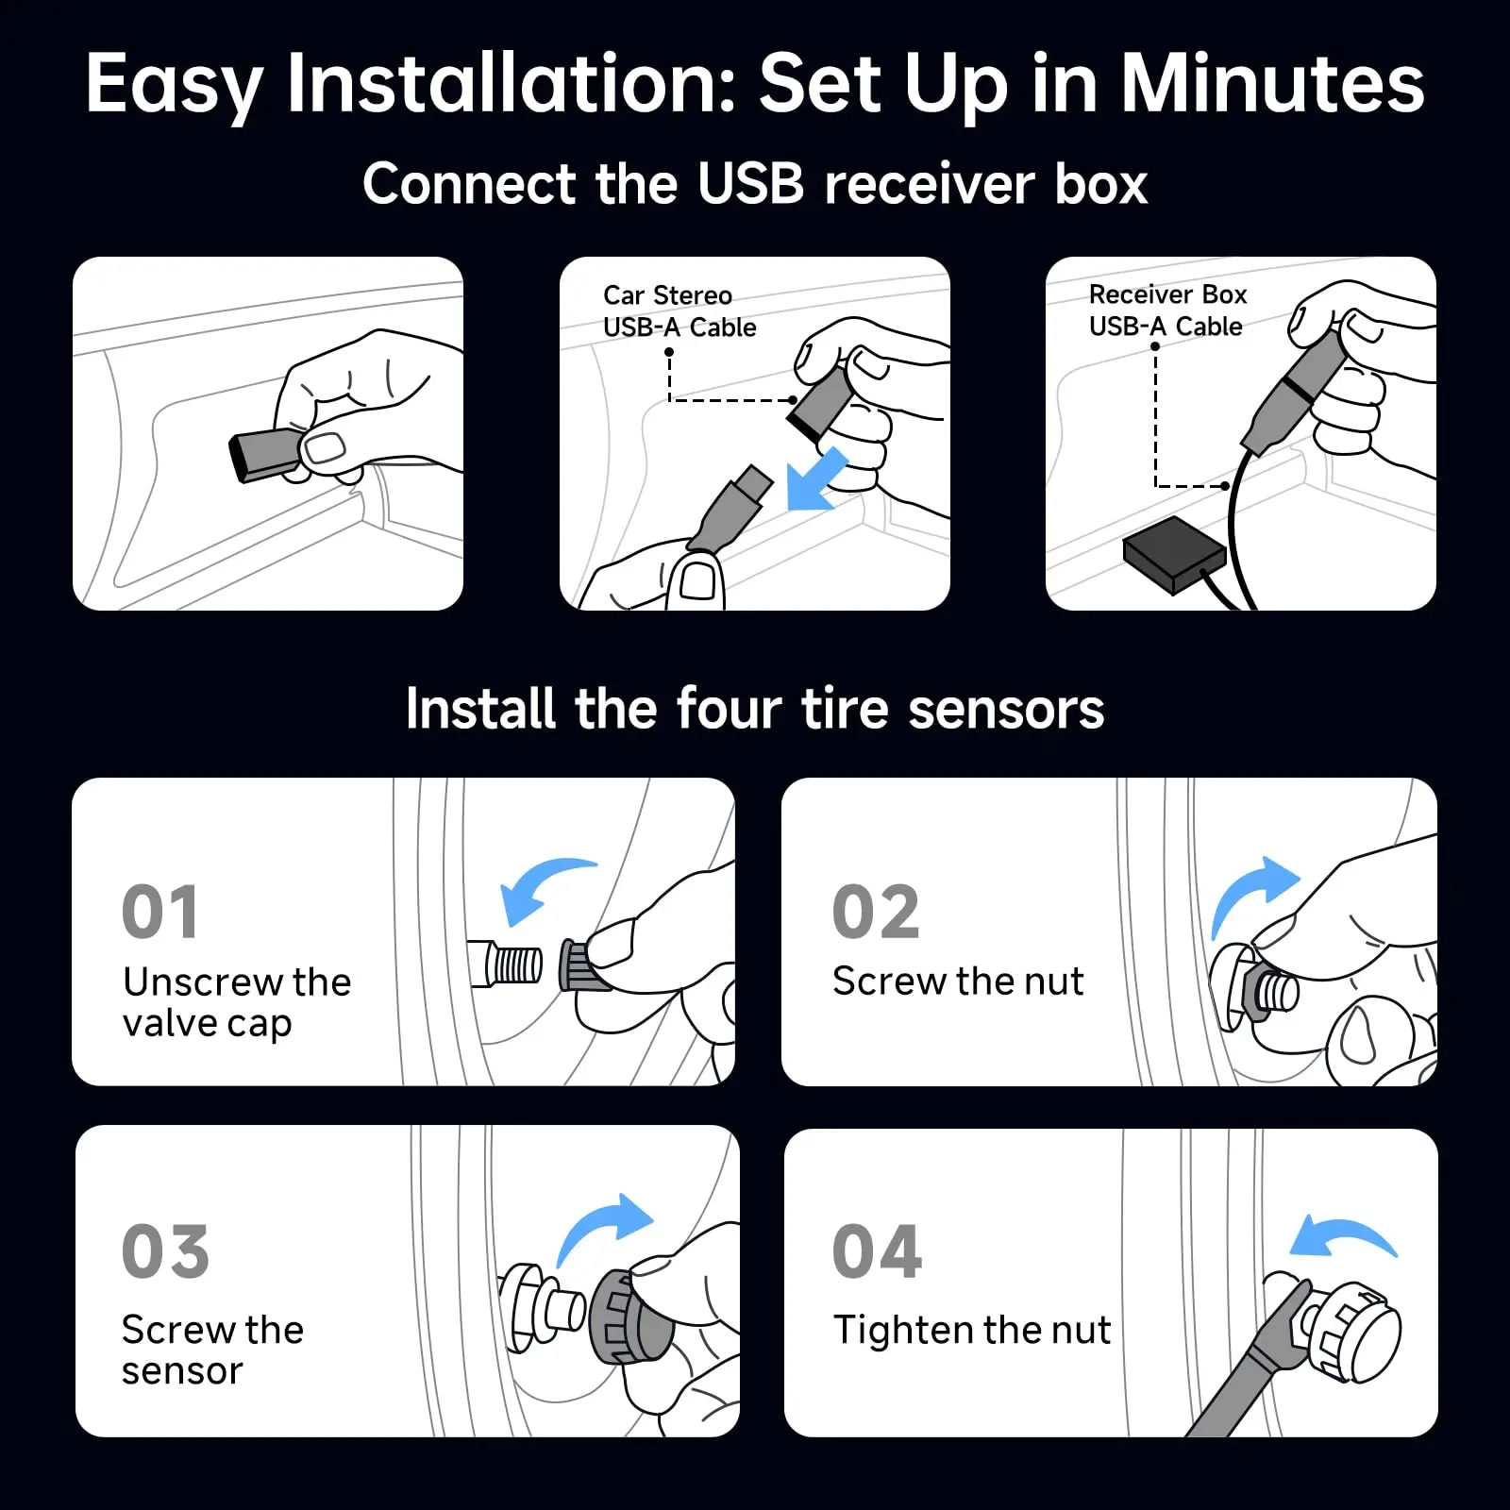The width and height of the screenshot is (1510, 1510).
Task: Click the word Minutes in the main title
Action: pyautogui.click(x=1271, y=85)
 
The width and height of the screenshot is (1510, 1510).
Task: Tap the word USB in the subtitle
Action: pyautogui.click(x=750, y=184)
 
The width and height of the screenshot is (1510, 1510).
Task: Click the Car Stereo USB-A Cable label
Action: pyautogui.click(x=679, y=311)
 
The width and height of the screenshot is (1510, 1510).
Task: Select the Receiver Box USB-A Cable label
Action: pyautogui.click(x=1167, y=310)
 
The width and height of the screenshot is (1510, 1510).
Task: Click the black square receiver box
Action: pyautogui.click(x=1173, y=554)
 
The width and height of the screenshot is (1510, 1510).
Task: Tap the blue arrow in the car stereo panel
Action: pyautogui.click(x=816, y=479)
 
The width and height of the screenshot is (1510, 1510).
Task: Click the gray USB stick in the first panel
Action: pyautogui.click(x=265, y=454)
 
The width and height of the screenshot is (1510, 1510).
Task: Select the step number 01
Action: pyautogui.click(x=160, y=913)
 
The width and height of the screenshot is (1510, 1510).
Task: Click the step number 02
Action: pyautogui.click(x=875, y=913)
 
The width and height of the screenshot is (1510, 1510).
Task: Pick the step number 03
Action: pyautogui.click(x=165, y=1251)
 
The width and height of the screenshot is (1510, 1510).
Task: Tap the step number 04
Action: pyautogui.click(x=877, y=1251)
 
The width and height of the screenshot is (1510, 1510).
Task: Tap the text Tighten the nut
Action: pyautogui.click(x=971, y=1330)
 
